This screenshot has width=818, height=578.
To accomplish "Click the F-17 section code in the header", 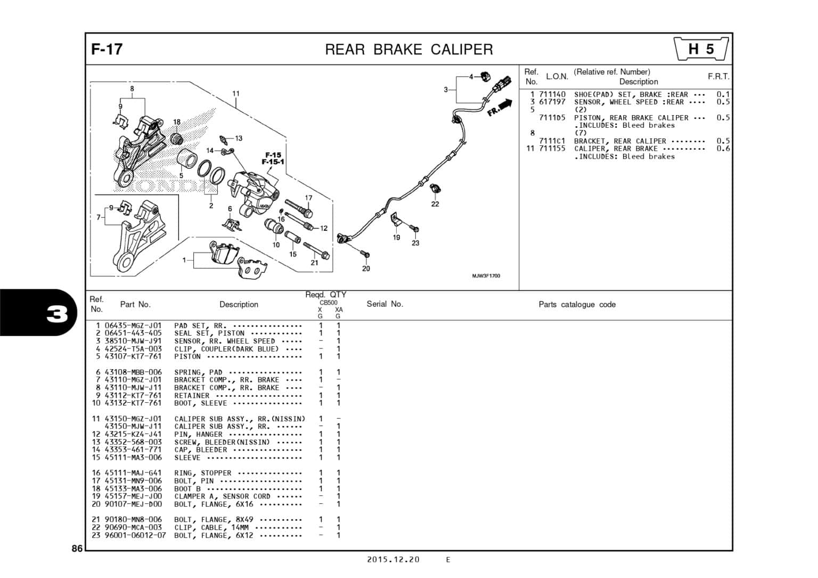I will (x=107, y=50).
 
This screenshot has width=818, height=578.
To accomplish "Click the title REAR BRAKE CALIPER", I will (x=408, y=50).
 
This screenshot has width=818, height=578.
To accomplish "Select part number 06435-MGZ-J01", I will (x=133, y=325).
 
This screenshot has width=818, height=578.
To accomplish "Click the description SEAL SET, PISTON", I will (x=209, y=333).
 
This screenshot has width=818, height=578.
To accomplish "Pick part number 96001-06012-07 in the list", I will (x=135, y=535).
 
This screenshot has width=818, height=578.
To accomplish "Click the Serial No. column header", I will (x=385, y=304).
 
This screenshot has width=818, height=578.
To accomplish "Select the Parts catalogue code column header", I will (x=577, y=305).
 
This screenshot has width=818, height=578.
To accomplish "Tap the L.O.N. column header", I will (x=557, y=77).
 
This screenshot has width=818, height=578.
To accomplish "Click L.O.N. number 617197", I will (x=552, y=102).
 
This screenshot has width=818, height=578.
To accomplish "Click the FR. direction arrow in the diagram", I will (x=499, y=109).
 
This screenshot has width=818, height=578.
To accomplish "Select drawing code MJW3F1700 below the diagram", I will (x=486, y=276).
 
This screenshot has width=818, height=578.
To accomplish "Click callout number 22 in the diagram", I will (x=435, y=204).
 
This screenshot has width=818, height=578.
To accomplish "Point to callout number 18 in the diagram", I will (x=177, y=122).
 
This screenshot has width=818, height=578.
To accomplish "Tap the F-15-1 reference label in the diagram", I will (x=273, y=162).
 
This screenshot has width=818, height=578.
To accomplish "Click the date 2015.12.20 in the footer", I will (x=393, y=559).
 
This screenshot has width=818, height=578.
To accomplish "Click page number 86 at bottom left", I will (x=77, y=548).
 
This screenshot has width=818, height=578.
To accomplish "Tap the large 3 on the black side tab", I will (x=57, y=314).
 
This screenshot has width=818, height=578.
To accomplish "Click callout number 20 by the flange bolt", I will (x=366, y=268).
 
